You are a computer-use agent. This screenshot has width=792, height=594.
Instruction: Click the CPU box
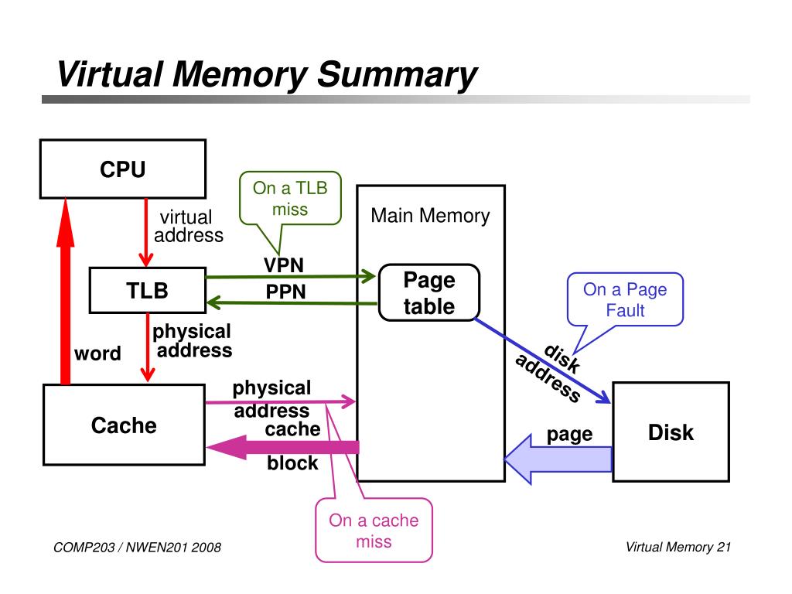click(122, 169)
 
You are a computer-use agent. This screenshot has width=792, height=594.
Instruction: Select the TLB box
click(147, 290)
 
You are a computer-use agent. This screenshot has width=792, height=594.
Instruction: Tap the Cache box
click(124, 425)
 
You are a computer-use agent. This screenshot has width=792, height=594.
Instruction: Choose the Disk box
click(671, 432)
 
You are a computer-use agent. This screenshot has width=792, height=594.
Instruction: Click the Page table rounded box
click(428, 292)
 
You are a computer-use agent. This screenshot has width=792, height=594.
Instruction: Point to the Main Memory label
click(430, 216)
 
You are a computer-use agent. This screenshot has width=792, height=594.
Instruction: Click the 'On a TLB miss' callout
click(290, 198)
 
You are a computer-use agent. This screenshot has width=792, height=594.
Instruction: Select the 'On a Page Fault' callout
click(625, 300)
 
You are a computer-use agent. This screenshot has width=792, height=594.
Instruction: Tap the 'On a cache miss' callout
click(374, 531)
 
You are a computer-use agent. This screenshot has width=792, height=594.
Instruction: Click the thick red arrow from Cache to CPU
click(66, 294)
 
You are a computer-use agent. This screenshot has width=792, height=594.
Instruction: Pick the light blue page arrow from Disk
click(557, 459)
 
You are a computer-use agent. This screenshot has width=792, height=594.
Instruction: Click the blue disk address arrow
click(541, 360)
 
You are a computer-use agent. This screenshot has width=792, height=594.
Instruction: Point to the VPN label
click(283, 265)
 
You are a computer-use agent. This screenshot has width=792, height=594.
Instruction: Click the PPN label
click(286, 292)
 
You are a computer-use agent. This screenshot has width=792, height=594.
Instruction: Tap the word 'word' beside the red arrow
click(97, 354)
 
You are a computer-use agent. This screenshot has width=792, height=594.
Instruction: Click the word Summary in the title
click(397, 75)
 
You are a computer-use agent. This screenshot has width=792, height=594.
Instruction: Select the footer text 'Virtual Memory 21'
click(678, 548)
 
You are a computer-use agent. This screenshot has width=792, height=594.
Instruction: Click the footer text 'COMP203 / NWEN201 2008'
click(138, 548)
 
